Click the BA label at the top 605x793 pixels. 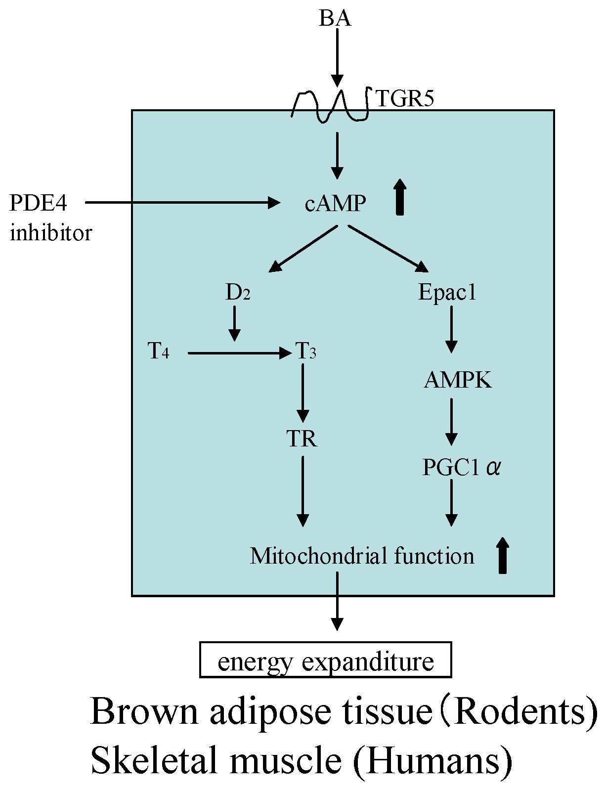(x=335, y=19)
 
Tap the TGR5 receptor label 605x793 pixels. (x=405, y=99)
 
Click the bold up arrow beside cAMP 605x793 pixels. (x=400, y=197)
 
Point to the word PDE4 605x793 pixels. (x=38, y=203)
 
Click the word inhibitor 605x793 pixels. (x=51, y=233)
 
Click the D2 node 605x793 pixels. (x=238, y=293)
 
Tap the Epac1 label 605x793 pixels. (x=447, y=292)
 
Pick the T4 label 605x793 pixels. (x=159, y=352)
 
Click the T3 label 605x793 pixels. (x=306, y=352)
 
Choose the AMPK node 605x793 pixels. (x=458, y=380)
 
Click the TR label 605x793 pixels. (x=302, y=439)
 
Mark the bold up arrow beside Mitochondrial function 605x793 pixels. (x=502, y=555)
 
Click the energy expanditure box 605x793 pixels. (x=325, y=660)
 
